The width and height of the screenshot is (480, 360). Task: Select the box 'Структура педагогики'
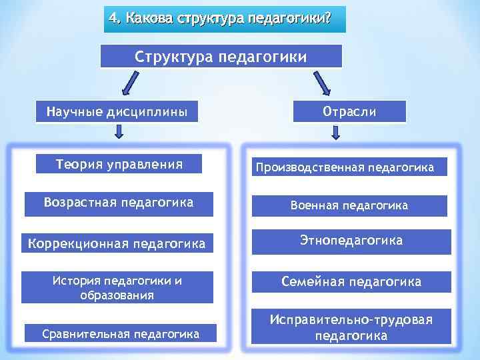221,57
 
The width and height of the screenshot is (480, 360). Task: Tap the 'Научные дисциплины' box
117,111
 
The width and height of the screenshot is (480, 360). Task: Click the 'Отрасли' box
349,111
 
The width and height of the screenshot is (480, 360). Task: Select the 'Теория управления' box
119,164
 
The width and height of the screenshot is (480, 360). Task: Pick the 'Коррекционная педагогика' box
117,244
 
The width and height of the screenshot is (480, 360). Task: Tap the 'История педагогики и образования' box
117,288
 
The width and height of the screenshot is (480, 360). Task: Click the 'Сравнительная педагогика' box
121,333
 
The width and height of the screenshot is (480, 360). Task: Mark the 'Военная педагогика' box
349,206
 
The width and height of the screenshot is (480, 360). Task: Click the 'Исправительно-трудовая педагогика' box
351,328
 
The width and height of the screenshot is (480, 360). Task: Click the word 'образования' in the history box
117,295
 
